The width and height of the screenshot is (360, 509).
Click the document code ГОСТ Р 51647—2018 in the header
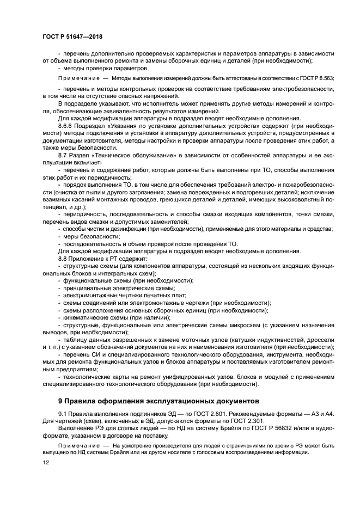(72, 36)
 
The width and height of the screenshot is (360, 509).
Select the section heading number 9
(60, 401)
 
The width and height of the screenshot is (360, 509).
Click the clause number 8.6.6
(65, 125)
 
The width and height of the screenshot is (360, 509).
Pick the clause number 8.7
(62, 155)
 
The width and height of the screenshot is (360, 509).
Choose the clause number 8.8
(62, 259)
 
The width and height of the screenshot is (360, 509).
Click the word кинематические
(86, 317)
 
